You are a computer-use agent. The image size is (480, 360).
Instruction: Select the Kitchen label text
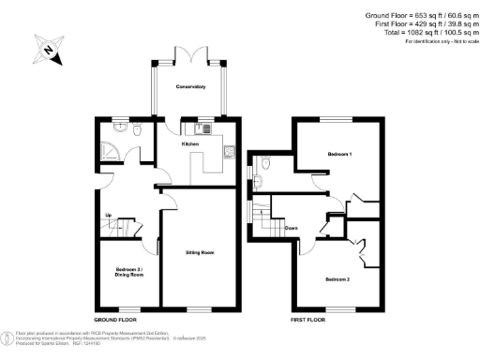click(x=190, y=144)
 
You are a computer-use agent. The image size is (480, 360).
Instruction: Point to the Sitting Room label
click(x=200, y=253)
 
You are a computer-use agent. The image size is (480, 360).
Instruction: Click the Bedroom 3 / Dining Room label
click(x=129, y=273)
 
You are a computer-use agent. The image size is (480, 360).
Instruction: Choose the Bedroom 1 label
click(x=339, y=153)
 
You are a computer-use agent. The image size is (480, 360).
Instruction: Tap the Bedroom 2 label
click(x=337, y=279)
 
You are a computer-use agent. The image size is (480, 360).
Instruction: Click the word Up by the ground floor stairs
click(x=110, y=217)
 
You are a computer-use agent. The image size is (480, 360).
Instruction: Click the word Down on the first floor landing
click(x=292, y=228)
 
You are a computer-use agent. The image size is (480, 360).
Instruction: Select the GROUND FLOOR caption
click(x=116, y=321)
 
